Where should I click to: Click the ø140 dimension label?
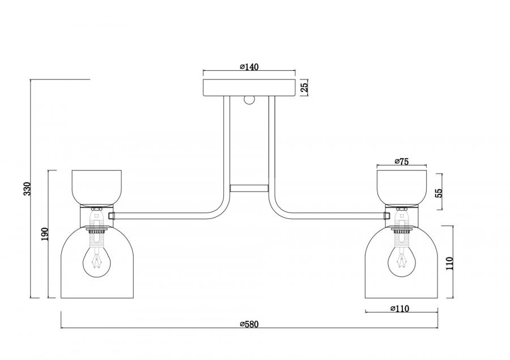coord(249,67)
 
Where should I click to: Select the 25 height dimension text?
coord(304,87)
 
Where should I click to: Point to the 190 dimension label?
coord(45,234)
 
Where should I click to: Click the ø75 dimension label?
coord(401,161)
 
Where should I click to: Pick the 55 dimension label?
coord(439,193)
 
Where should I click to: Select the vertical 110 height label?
coord(449,263)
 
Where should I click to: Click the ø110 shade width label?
coord(399,308)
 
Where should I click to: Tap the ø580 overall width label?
coord(249,324)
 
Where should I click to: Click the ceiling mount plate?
coord(249,87)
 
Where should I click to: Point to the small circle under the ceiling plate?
coord(249,100)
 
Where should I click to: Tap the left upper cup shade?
coord(96,188)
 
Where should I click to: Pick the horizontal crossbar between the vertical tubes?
coord(249,188)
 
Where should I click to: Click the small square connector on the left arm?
coord(111,215)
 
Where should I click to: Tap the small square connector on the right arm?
coord(387,215)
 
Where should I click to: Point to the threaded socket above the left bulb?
coord(96,238)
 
